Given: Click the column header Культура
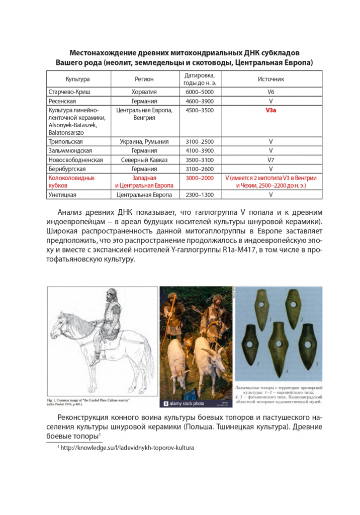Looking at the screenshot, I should point(78,79).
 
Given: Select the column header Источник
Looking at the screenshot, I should point(271,79).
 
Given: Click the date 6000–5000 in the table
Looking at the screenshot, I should point(200,93).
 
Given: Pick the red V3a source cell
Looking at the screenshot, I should point(271,110).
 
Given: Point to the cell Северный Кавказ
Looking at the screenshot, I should point(144,160).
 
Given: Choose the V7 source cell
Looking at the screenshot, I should point(271,160).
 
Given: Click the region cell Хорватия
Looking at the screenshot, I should point(144,93).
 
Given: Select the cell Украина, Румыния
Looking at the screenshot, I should point(144,142).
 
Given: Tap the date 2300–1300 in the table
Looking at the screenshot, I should point(200,195).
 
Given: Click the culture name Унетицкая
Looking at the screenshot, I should point(65,195).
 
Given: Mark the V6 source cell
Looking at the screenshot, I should point(271,93).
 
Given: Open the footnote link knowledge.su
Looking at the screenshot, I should point(127,447).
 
